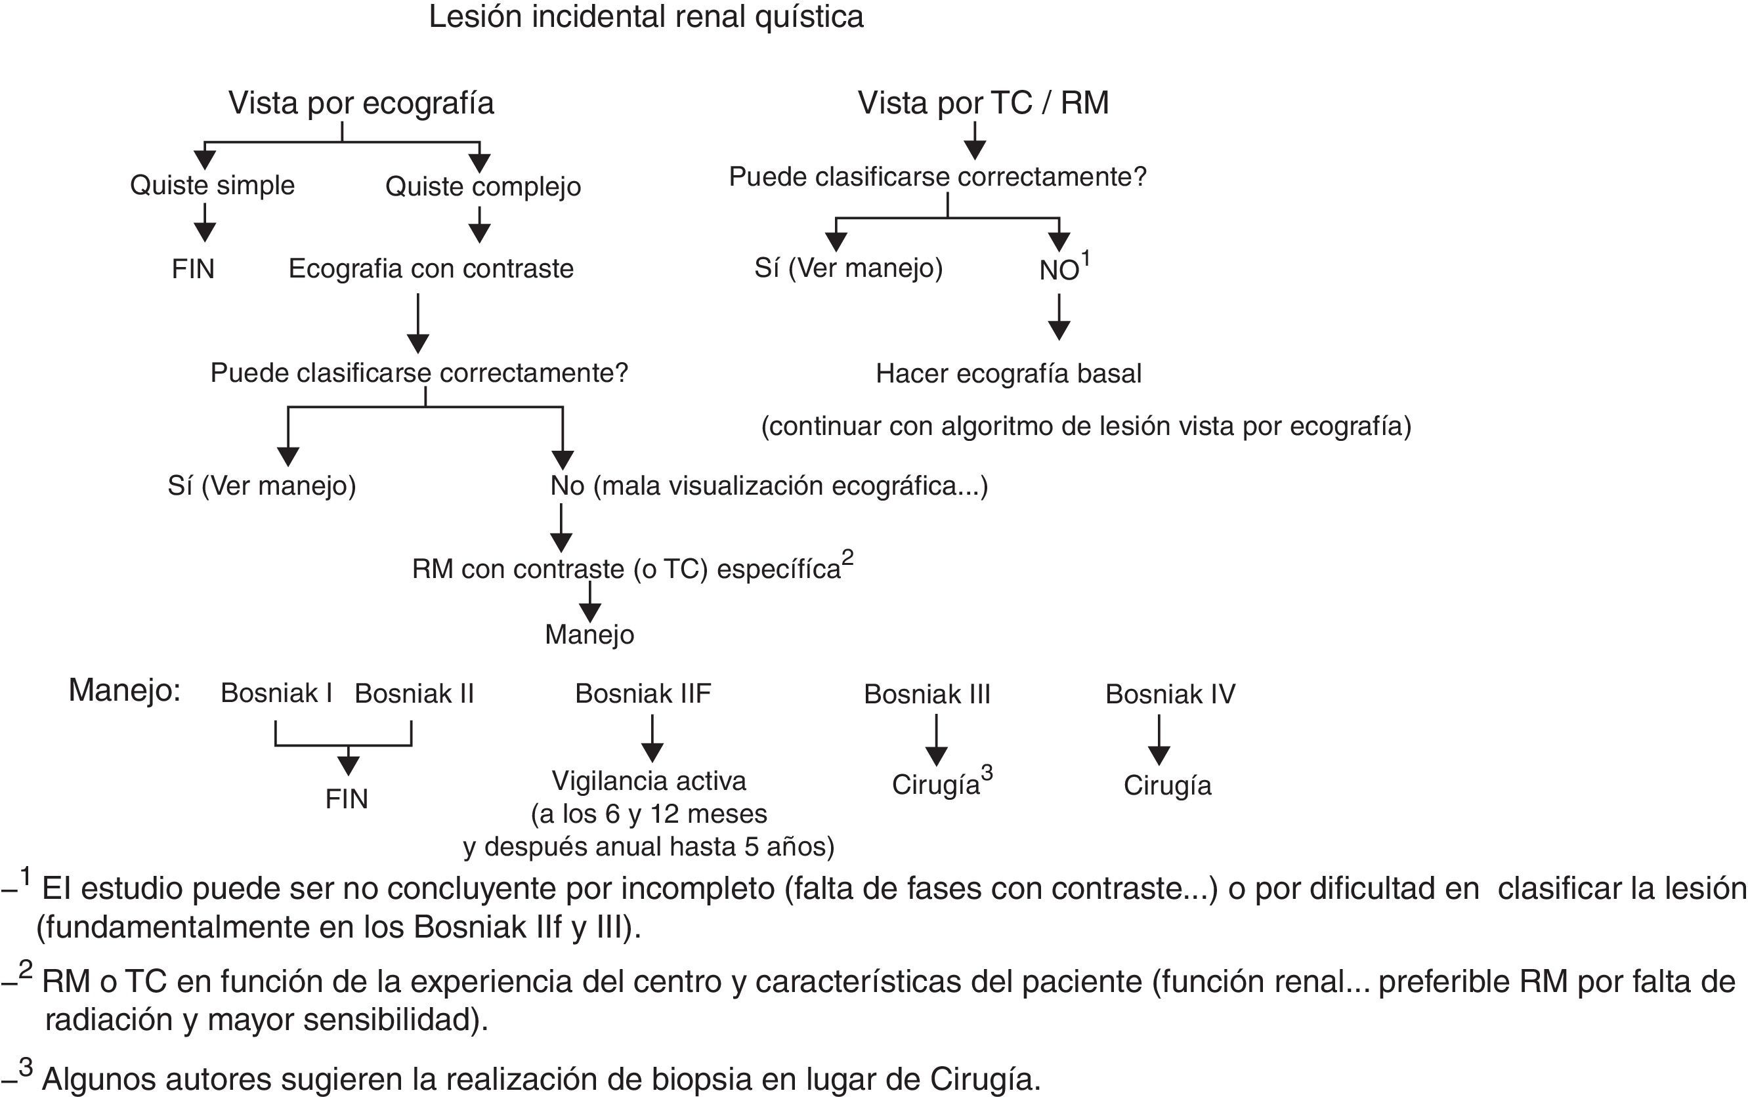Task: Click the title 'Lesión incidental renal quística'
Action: [x=646, y=18]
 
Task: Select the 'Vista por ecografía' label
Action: [x=361, y=103]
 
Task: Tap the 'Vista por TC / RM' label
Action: [x=983, y=103]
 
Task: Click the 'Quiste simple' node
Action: [x=212, y=186]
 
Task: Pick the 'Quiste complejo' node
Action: [x=482, y=186]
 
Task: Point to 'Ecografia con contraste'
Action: [x=431, y=269]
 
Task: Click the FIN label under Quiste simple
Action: [x=193, y=269]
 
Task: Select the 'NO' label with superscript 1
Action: [x=1060, y=270]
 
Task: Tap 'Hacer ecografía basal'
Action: [x=1008, y=373]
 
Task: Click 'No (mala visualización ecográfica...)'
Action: [x=769, y=486]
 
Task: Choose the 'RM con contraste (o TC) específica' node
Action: [x=626, y=569]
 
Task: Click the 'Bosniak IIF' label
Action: [x=643, y=694]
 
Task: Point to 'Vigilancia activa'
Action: [x=649, y=781]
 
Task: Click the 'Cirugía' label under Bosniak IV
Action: [x=1167, y=786]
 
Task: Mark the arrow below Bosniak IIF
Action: [x=652, y=739]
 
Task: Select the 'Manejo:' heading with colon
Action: [x=124, y=691]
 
